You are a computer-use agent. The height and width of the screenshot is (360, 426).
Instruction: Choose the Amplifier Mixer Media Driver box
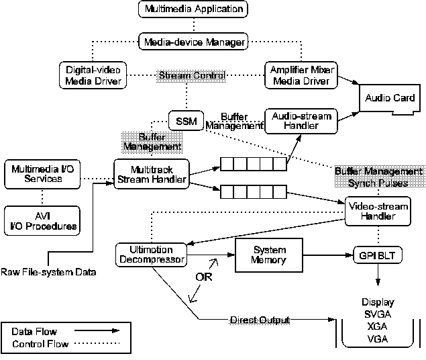tap(301, 75)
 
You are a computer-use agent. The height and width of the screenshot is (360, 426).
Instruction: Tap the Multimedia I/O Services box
tap(42, 173)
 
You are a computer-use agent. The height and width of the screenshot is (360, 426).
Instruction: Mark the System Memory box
tap(269, 255)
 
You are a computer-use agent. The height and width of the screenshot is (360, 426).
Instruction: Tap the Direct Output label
tap(260, 320)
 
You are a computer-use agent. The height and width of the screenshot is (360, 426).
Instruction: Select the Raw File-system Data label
tap(48, 272)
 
